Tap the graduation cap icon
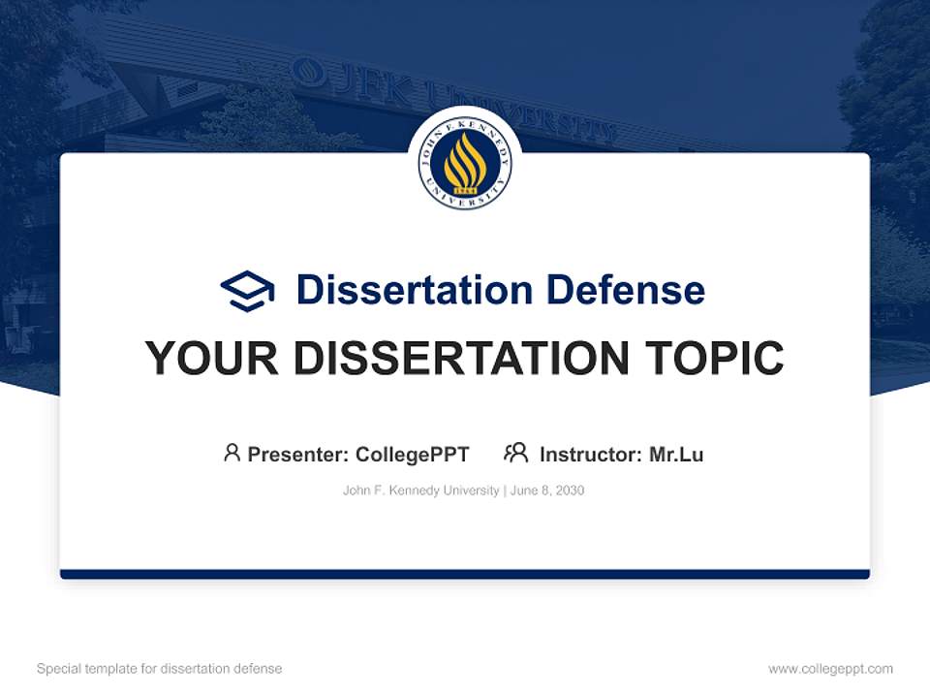click(247, 291)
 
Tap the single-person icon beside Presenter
click(232, 453)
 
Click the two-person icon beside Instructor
click(515, 453)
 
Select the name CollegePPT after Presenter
click(413, 454)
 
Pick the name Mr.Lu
click(676, 454)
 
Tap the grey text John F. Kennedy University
click(420, 491)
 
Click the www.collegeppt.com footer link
click(830, 669)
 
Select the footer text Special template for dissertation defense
click(160, 669)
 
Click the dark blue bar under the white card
click(465, 574)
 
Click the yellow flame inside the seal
click(465, 161)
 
